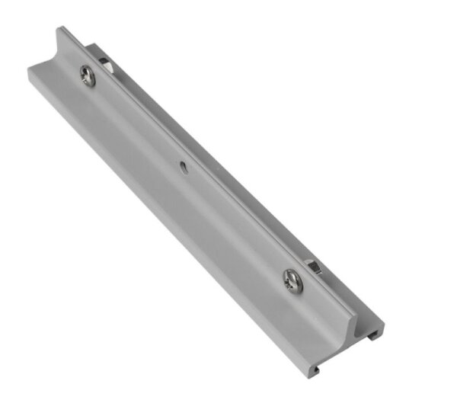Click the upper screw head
click(88, 75)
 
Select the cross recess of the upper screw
click(88, 75)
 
